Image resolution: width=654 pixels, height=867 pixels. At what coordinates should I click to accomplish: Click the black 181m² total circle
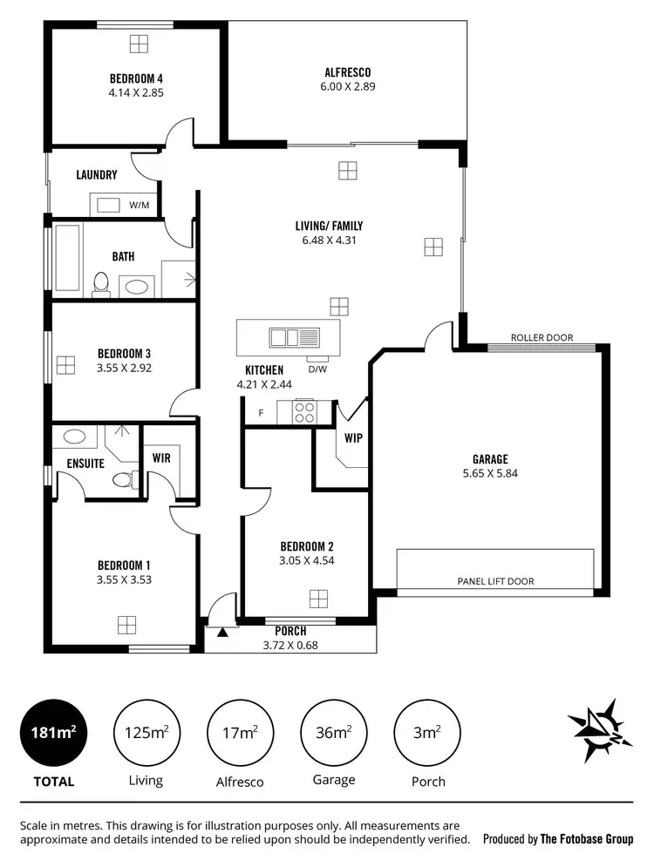click(x=53, y=733)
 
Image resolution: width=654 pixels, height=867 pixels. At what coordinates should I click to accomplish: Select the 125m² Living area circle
click(x=146, y=733)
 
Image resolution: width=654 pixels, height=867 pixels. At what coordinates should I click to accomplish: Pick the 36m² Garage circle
click(x=333, y=733)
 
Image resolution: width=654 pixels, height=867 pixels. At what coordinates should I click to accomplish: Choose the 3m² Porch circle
click(x=426, y=733)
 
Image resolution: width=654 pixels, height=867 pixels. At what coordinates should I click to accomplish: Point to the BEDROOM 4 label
click(x=137, y=77)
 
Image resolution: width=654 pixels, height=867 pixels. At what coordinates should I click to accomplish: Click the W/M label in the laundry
click(x=140, y=206)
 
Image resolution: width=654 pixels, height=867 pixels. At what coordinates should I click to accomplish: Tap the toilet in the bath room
click(x=100, y=284)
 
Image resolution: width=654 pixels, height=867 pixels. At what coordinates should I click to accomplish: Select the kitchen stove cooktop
click(x=304, y=411)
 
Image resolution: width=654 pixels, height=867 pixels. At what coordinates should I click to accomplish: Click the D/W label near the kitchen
click(x=317, y=369)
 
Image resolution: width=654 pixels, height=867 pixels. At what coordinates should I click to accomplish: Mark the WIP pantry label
click(x=353, y=438)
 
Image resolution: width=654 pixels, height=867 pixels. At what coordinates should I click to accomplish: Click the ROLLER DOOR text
click(x=541, y=337)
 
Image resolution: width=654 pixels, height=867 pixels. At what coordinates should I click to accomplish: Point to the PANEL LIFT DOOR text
click(x=495, y=581)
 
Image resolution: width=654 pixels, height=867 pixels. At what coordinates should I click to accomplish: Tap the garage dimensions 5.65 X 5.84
click(x=490, y=474)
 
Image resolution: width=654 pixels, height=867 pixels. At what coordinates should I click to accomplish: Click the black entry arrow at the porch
click(x=222, y=632)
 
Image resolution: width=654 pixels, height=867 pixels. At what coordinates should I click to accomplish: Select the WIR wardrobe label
click(x=161, y=456)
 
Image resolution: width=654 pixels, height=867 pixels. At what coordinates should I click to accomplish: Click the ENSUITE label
click(x=85, y=464)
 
